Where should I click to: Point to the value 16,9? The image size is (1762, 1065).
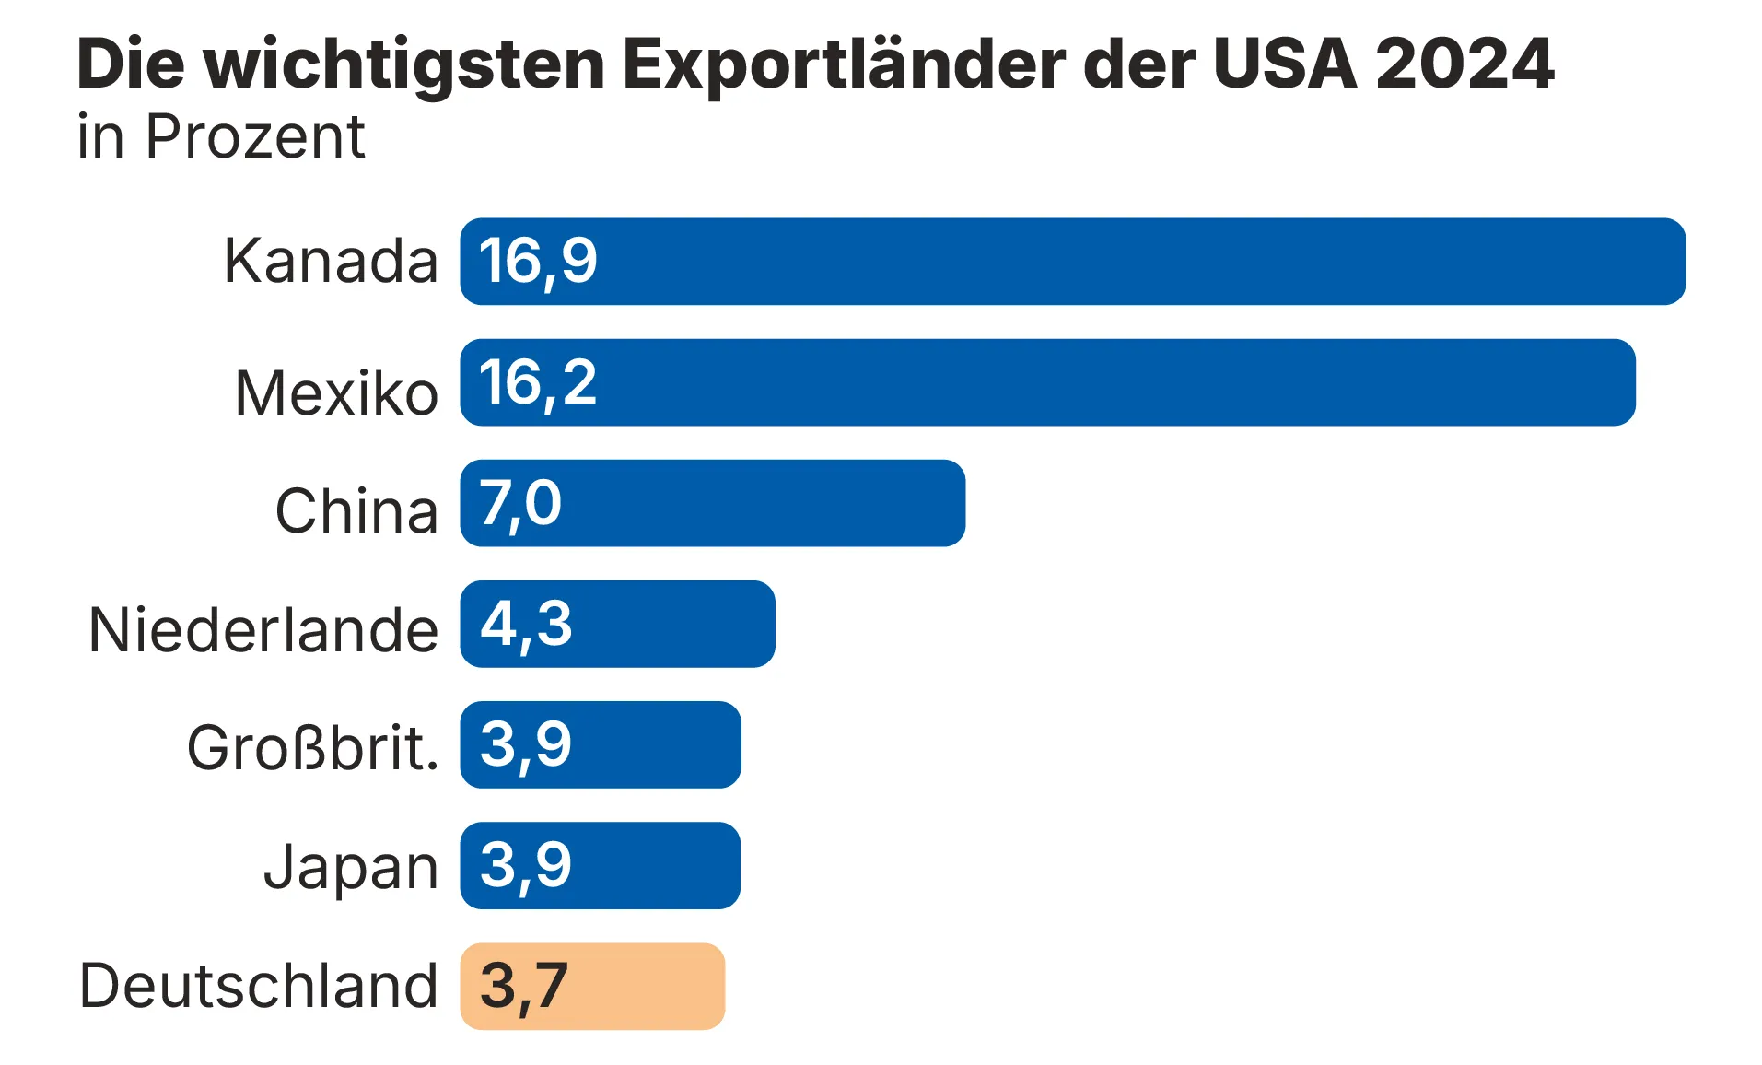click(538, 262)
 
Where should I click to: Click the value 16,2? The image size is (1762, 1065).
click(538, 382)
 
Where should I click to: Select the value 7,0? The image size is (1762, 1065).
click(520, 504)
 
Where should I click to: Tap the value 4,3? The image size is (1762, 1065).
click(526, 625)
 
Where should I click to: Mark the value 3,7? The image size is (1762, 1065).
click(524, 987)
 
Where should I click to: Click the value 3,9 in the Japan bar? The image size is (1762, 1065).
click(526, 866)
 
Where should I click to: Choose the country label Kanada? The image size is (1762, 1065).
click(331, 261)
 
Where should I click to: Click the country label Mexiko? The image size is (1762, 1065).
click(336, 393)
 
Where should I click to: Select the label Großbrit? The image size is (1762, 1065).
click(312, 747)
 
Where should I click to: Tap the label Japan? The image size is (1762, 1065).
click(351, 867)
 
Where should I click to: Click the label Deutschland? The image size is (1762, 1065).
click(259, 986)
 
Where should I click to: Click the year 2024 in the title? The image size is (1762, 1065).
click(1464, 64)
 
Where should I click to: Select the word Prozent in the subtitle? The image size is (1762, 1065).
click(255, 137)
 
